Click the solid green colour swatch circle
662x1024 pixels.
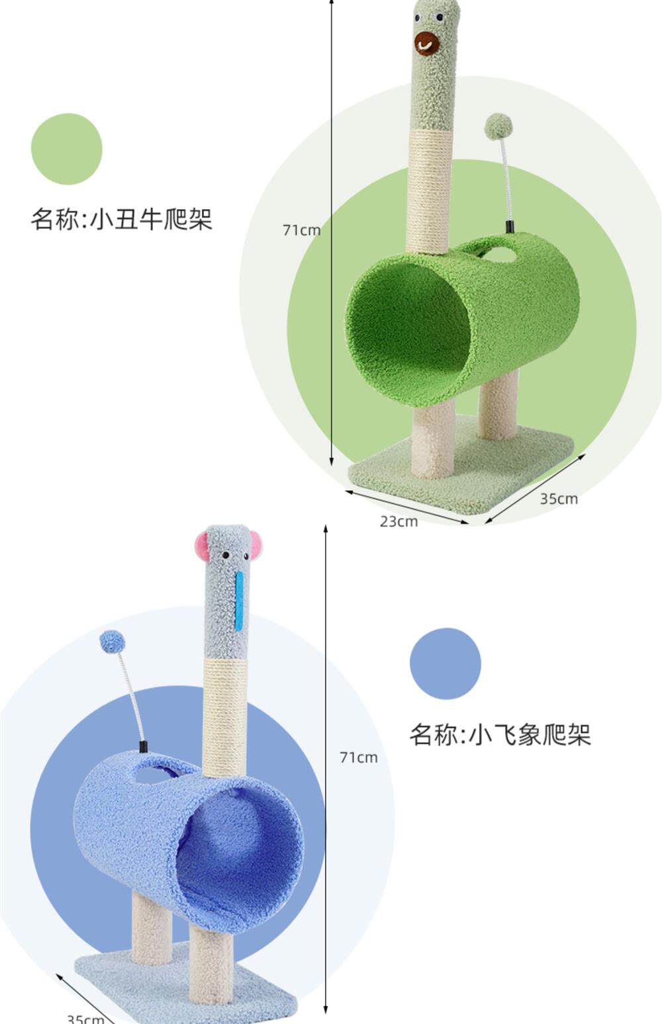[x=67, y=149]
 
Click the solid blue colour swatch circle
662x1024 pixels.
[x=445, y=663]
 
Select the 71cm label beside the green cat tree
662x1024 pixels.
[x=301, y=230]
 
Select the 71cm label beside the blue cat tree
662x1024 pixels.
[x=358, y=757]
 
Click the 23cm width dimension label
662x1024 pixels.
[x=399, y=521]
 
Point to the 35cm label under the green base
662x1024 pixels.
[x=559, y=499]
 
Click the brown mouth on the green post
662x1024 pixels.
[x=427, y=43]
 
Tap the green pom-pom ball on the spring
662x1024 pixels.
[x=498, y=126]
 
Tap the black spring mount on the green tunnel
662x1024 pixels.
[x=510, y=227]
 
